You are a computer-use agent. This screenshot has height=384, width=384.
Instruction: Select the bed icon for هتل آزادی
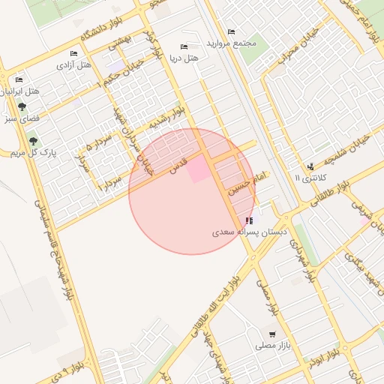[73, 53]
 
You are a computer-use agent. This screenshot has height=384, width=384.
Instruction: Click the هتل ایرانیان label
[19, 91]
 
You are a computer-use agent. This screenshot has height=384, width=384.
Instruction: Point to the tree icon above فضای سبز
[22, 106]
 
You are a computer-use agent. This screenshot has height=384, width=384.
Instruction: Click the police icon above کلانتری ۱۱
[310, 166]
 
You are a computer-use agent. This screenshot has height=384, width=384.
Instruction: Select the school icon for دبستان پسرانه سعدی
[249, 220]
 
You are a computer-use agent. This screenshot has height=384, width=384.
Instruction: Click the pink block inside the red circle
[197, 170]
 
